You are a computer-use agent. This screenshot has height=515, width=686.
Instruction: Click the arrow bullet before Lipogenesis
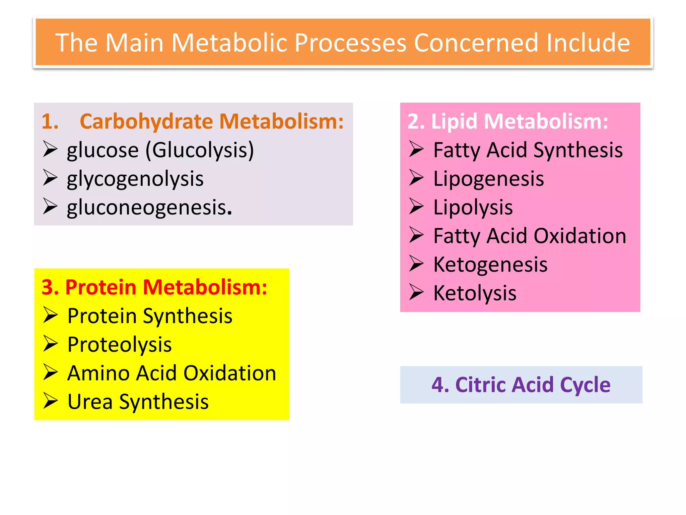[x=416, y=178]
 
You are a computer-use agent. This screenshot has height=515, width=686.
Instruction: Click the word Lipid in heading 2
[x=454, y=121]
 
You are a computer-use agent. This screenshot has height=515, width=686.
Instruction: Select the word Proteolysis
[x=119, y=345]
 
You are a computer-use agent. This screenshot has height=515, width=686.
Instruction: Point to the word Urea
[x=90, y=402]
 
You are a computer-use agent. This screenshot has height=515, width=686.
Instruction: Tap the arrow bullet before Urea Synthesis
[x=51, y=401]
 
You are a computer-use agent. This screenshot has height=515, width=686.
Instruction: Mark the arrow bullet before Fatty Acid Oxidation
[x=416, y=235]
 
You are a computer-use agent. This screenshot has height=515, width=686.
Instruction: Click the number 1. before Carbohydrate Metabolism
[x=50, y=121]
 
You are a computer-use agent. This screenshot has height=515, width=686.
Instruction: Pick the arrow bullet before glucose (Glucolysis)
[x=51, y=149]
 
